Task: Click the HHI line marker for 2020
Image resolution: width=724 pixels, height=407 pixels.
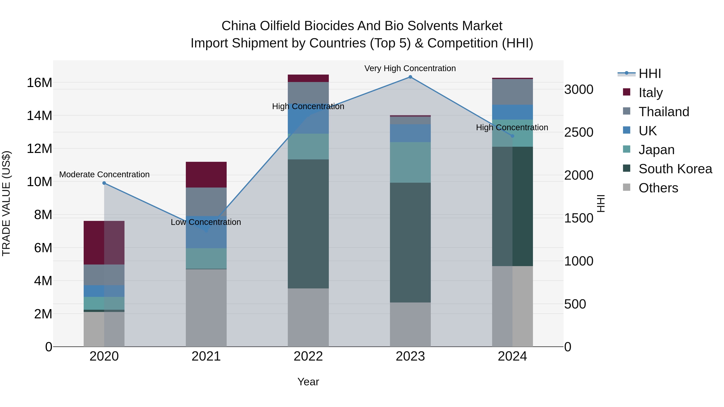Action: (x=104, y=183)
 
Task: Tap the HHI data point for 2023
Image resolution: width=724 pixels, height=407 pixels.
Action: (x=410, y=77)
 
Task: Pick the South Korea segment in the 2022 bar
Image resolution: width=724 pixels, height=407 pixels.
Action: (x=308, y=224)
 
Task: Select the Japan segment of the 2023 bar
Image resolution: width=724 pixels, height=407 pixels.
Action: (x=410, y=162)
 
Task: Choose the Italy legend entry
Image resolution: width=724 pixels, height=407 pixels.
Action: (x=650, y=92)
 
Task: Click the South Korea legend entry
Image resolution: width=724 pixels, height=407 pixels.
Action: (x=675, y=169)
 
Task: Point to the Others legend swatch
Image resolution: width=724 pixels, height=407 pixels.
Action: (x=626, y=187)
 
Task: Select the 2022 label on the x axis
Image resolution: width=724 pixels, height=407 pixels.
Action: (x=308, y=356)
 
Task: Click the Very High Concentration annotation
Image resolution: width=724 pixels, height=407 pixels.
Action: (x=410, y=68)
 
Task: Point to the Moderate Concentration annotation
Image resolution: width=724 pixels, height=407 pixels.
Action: (x=104, y=174)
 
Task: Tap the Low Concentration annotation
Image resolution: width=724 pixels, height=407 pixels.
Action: (x=206, y=222)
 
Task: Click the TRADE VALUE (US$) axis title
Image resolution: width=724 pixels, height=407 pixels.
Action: (x=6, y=203)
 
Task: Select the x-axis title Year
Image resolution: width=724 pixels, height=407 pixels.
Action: (x=308, y=382)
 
